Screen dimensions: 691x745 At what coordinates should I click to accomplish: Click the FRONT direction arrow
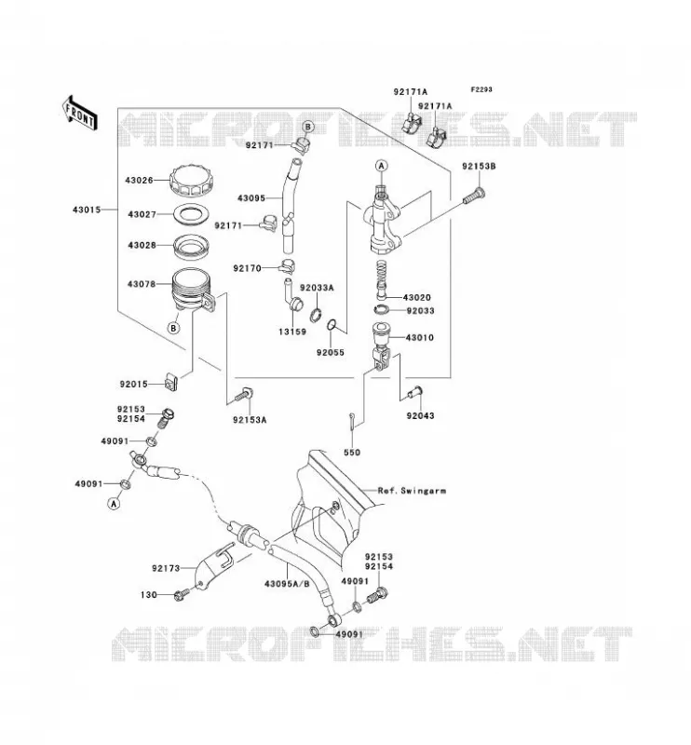80,113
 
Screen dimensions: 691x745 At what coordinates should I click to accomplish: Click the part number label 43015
87,210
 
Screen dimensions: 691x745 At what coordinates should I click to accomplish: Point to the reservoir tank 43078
194,291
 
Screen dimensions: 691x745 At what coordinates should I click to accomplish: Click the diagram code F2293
481,89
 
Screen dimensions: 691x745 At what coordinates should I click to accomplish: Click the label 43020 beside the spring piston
417,297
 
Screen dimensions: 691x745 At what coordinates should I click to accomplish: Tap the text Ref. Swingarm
412,491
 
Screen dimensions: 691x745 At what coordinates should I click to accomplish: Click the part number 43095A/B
287,584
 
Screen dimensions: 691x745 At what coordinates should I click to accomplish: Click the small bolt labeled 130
182,594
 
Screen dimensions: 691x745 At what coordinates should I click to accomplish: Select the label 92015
133,384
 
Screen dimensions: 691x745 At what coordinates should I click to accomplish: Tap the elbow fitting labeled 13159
293,295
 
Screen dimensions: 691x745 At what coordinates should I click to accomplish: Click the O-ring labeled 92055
332,326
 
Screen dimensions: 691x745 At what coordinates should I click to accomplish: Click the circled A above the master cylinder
382,166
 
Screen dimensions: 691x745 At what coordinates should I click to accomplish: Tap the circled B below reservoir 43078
174,328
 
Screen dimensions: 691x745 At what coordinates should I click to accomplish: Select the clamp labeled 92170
288,267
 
